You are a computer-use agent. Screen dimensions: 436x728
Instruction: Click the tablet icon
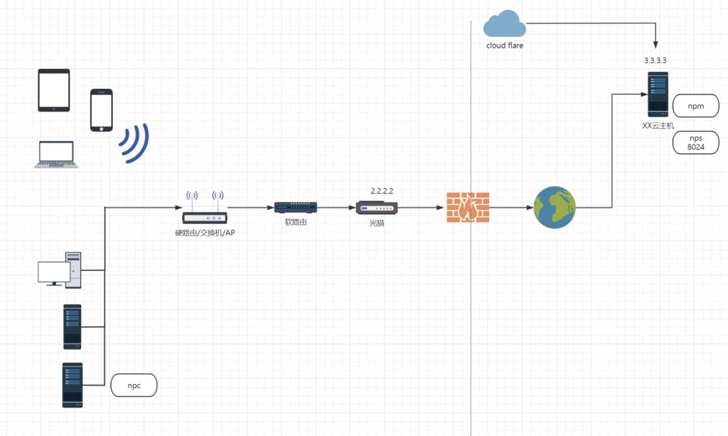pos(54,90)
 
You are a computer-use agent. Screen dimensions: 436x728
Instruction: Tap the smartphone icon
pos(101,110)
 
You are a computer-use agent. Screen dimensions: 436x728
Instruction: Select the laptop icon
pos(55,154)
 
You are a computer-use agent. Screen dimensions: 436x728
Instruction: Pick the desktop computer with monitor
pos(60,270)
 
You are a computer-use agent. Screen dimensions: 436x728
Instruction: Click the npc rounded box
pos(134,386)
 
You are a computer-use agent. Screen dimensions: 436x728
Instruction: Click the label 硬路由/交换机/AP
pos(204,233)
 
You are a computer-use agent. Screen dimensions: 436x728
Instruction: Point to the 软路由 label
pos(295,223)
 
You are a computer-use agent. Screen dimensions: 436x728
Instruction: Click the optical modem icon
pos(377,208)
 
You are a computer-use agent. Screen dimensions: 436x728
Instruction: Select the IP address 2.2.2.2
pos(382,191)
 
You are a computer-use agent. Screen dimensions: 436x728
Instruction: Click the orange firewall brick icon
pos(468,207)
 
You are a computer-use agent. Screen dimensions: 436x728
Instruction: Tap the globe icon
pos(555,208)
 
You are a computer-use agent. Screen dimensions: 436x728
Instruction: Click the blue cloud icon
pos(505,25)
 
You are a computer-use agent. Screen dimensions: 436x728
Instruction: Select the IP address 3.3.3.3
pos(655,60)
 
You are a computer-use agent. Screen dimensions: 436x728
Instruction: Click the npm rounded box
pos(696,106)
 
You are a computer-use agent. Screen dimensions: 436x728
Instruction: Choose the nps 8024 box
pos(696,142)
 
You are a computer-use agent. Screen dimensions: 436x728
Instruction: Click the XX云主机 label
pos(658,125)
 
